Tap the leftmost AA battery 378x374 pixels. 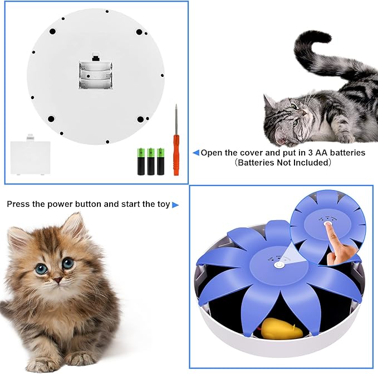[x=141, y=161]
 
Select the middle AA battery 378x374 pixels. [x=151, y=161]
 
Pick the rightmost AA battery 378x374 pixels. [x=161, y=161]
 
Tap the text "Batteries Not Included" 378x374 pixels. [x=283, y=163]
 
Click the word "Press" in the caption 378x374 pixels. [x=18, y=204]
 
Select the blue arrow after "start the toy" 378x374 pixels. [x=175, y=205]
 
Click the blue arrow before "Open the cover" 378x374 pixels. [x=196, y=152]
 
